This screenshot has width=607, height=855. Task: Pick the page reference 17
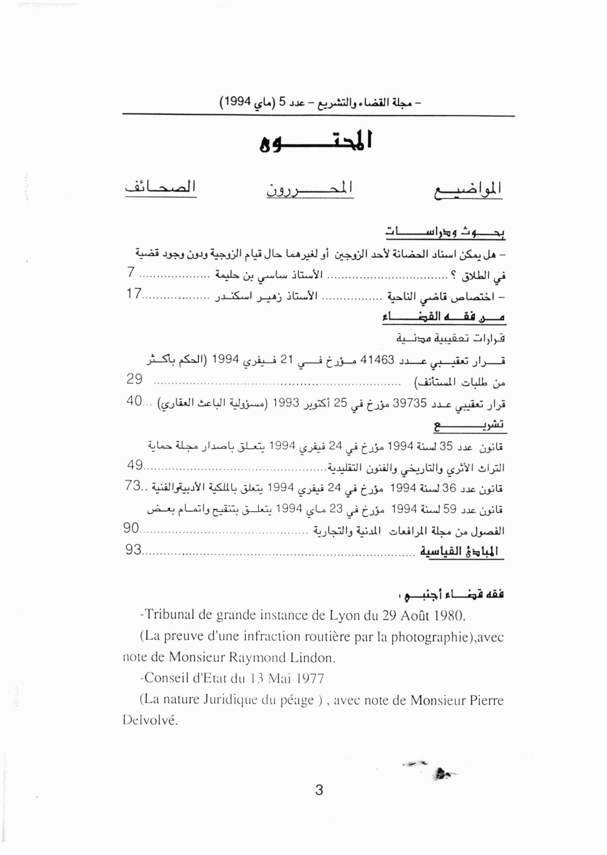(133, 294)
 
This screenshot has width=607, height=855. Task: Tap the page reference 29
(135, 379)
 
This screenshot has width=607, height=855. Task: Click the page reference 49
(135, 465)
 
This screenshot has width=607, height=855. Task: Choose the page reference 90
(131, 528)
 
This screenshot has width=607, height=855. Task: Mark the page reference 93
(134, 550)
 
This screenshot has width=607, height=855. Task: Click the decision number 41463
(377, 360)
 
